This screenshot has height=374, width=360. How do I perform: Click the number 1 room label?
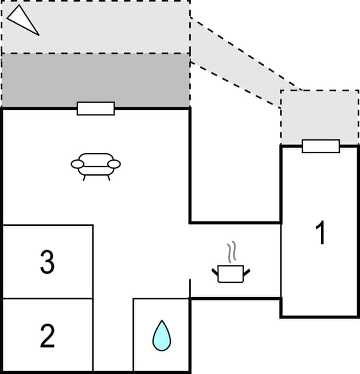(320, 233)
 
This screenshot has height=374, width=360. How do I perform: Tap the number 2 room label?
(47, 336)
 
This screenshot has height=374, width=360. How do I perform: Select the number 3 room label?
(47, 262)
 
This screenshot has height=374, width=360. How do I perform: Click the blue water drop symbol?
(162, 336)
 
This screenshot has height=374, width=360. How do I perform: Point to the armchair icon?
(96, 165)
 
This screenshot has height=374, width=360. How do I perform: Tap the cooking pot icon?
(232, 274)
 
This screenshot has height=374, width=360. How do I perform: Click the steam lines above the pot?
(232, 252)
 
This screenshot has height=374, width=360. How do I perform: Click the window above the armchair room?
(96, 108)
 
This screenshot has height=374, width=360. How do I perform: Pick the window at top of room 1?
(320, 146)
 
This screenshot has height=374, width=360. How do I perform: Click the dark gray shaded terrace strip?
(96, 80)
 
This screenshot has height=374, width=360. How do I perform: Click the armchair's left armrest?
(77, 165)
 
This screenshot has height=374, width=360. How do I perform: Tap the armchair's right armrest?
(115, 165)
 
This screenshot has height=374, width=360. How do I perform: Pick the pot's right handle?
(247, 271)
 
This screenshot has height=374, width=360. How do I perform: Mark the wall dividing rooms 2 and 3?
(47, 298)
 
